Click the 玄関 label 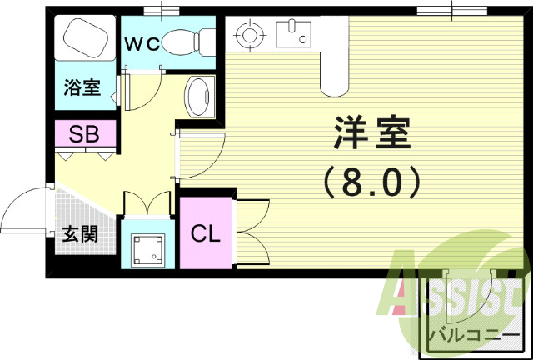[x=79, y=232]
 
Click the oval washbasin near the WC [x=199, y=97]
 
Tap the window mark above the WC [x=162, y=11]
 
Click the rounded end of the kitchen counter [x=334, y=83]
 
